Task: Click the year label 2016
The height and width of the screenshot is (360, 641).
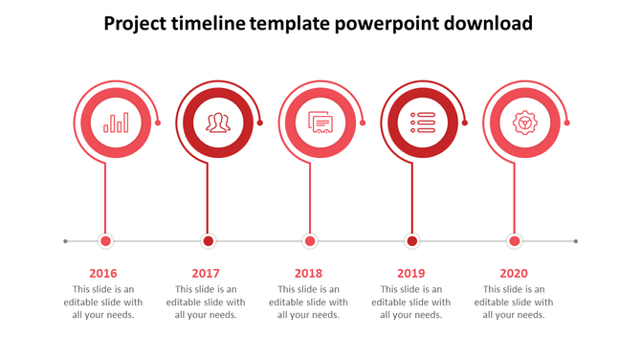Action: tap(103, 274)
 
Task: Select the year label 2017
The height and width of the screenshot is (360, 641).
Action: tap(206, 274)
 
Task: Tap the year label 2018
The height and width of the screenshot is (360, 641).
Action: tap(308, 274)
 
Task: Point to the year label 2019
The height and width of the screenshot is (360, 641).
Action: tap(411, 274)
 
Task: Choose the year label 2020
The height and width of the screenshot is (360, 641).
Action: tap(514, 274)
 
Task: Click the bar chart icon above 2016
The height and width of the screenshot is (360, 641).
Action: tap(116, 123)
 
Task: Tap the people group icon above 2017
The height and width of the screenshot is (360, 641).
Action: tap(218, 123)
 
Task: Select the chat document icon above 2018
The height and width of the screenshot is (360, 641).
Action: tap(320, 123)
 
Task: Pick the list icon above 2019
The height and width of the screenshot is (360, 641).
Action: tap(423, 123)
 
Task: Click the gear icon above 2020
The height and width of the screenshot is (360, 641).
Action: tap(524, 123)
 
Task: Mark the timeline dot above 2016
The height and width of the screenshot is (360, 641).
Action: tap(106, 241)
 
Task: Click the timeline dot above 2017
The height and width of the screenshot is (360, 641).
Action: tap(208, 241)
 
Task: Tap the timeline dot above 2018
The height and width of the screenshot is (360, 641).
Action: tap(310, 241)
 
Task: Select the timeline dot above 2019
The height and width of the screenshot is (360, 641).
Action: tap(412, 241)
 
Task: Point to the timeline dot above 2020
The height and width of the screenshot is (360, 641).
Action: tap(515, 241)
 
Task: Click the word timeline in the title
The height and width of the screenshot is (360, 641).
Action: tap(207, 23)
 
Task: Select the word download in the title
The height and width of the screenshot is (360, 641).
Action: tap(489, 23)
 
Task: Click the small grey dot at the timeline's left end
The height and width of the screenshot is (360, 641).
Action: tap(65, 241)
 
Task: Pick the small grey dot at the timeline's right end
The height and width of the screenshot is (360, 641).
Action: tap(576, 241)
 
